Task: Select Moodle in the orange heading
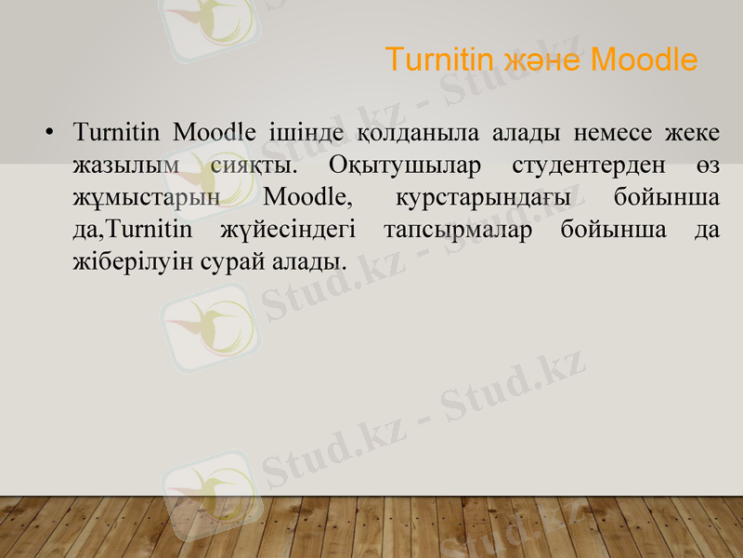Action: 644,60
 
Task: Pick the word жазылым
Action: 125,166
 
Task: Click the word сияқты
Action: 254,166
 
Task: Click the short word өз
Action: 707,166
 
